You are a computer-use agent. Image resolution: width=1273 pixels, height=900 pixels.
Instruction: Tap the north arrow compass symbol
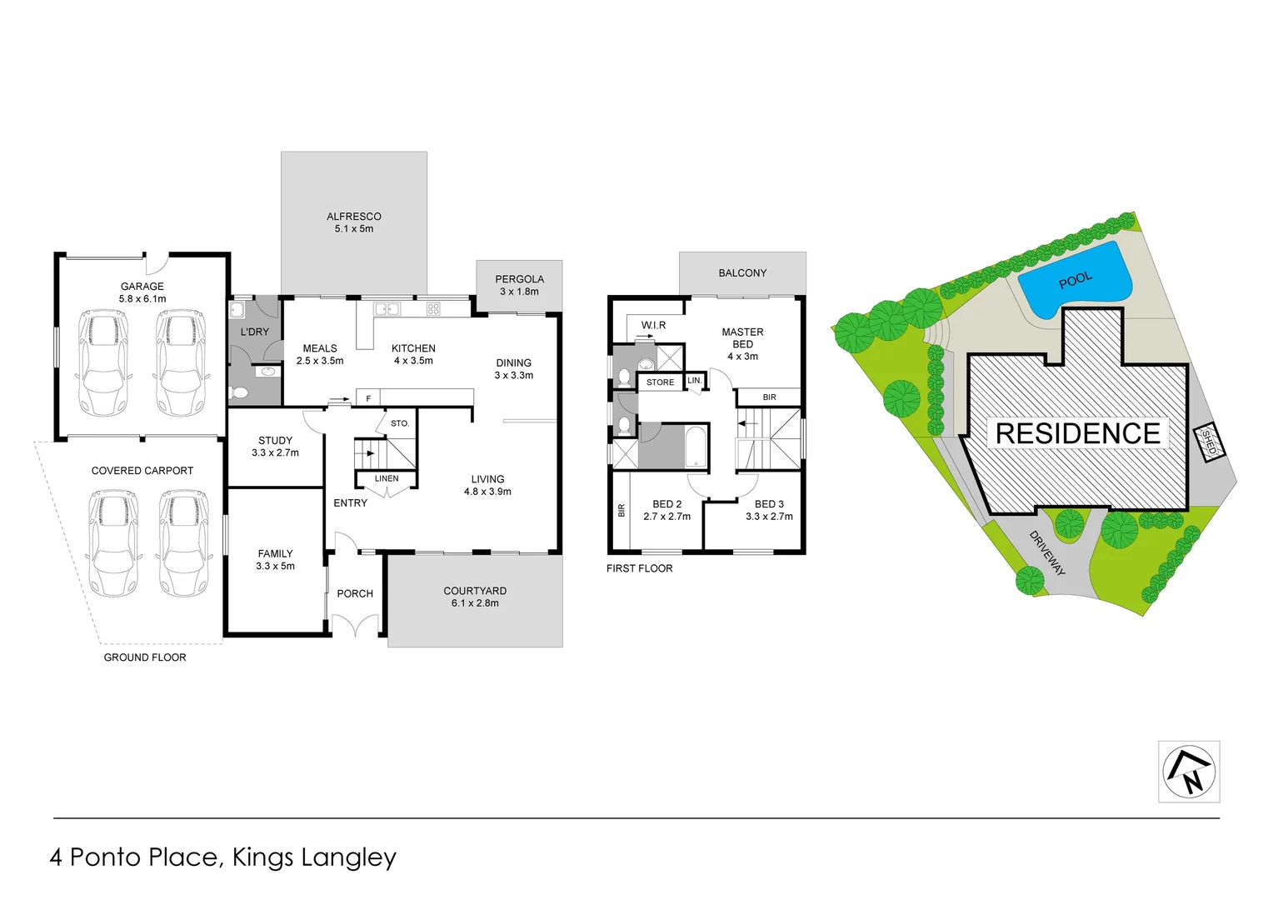tap(1189, 772)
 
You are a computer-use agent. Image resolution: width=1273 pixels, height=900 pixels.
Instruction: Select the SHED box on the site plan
tap(1209, 442)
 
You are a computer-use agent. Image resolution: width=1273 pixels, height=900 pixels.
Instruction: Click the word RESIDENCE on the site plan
tap(1078, 433)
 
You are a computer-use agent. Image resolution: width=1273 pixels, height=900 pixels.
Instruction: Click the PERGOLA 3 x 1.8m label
tap(519, 285)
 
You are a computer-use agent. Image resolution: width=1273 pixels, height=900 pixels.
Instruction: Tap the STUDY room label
tap(275, 446)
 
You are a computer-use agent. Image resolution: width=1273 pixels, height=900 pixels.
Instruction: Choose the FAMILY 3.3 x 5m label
tap(275, 559)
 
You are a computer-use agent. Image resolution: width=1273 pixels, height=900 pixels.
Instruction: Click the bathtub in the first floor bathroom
tap(696, 447)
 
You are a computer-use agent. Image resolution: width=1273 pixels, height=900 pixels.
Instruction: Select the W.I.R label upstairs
tap(653, 325)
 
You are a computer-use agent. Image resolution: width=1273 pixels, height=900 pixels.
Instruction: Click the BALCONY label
tap(742, 272)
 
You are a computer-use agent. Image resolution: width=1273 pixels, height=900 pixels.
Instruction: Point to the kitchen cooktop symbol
tap(433, 309)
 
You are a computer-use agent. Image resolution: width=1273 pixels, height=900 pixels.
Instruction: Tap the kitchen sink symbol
tap(387, 309)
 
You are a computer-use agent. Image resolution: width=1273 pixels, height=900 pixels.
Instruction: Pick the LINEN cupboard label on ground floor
tap(387, 478)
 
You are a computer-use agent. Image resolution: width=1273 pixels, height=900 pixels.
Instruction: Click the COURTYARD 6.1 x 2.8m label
tap(475, 597)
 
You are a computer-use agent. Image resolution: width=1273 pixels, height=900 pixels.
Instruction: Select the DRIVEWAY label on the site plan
tap(1047, 553)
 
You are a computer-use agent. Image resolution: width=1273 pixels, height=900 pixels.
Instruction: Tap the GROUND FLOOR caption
tap(145, 657)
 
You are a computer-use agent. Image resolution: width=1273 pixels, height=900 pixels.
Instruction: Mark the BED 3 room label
tap(769, 510)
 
